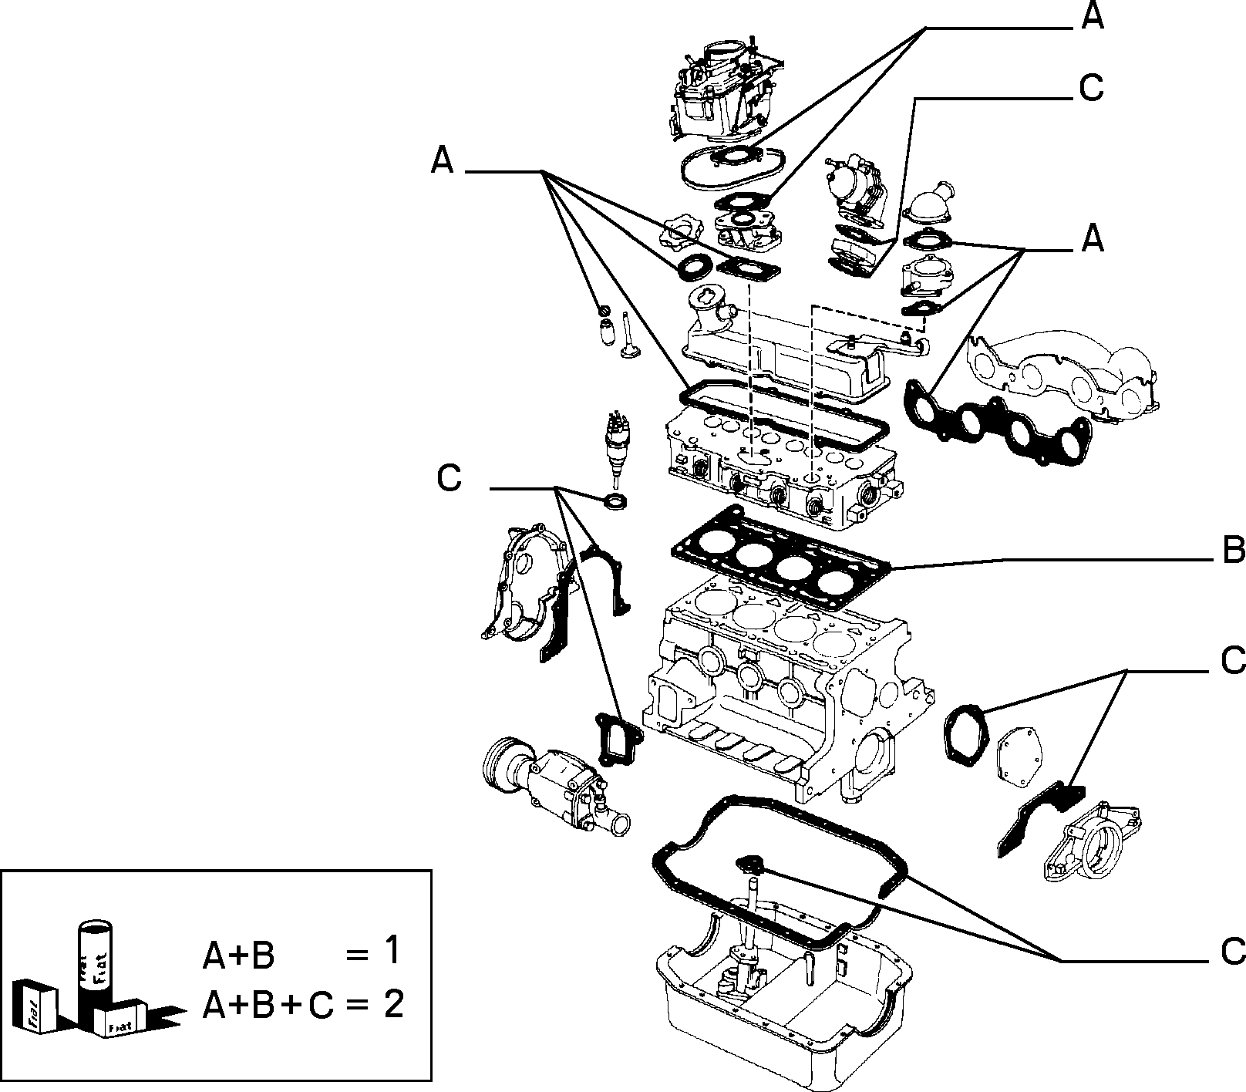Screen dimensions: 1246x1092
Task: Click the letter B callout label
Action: click(x=1232, y=551)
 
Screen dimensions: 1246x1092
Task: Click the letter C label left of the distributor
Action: click(x=449, y=477)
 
